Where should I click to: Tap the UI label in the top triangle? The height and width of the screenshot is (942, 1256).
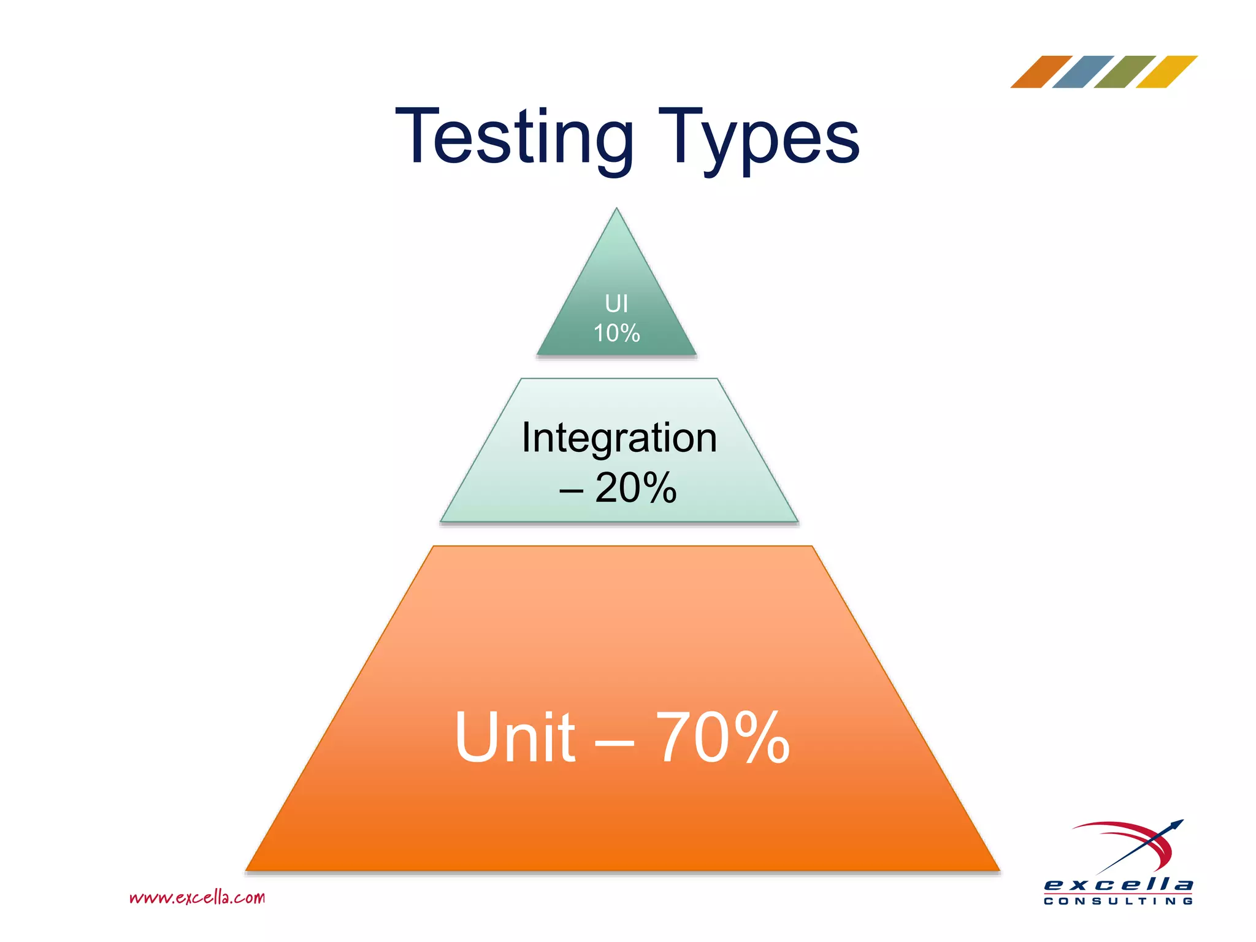pyautogui.click(x=616, y=304)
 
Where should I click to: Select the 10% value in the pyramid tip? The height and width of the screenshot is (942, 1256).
pyautogui.click(x=616, y=334)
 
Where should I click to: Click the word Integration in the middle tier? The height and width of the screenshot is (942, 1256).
pyautogui.click(x=619, y=438)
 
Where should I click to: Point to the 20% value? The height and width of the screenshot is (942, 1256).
pyautogui.click(x=636, y=488)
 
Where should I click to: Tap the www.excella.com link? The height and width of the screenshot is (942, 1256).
pyautogui.click(x=197, y=898)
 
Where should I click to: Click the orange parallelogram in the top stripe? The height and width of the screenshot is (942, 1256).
pyautogui.click(x=1041, y=72)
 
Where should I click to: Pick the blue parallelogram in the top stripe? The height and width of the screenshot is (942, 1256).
pyautogui.click(x=1083, y=72)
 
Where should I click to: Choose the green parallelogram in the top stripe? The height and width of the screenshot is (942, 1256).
pyautogui.click(x=1125, y=72)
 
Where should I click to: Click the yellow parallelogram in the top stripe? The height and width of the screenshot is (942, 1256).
pyautogui.click(x=1166, y=72)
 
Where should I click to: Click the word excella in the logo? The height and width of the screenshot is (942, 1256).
pyautogui.click(x=1118, y=885)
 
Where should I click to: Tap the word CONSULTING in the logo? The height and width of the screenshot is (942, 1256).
pyautogui.click(x=1118, y=901)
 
